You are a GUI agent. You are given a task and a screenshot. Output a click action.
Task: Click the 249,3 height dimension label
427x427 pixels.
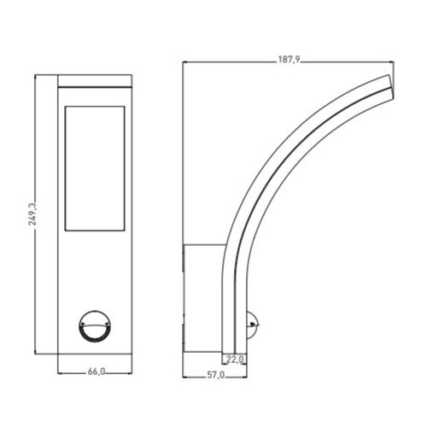coord(32,214)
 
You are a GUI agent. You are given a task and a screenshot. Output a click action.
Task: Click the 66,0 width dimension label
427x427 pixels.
coord(97,371)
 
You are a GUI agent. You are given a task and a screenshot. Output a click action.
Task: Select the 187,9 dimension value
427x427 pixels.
coord(289,60)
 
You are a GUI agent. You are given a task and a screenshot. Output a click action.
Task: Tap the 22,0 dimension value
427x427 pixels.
coord(236,360)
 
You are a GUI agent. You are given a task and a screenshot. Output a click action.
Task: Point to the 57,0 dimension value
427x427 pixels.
coord(215,375)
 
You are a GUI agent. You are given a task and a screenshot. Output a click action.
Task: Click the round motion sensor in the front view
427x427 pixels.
coord(95,326)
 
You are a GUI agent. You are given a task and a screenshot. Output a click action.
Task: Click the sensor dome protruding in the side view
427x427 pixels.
coord(252,325)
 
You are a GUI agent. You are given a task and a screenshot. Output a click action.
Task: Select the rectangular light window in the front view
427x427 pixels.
coord(95,168)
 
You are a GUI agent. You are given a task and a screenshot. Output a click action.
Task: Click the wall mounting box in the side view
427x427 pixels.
coord(203,298)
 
